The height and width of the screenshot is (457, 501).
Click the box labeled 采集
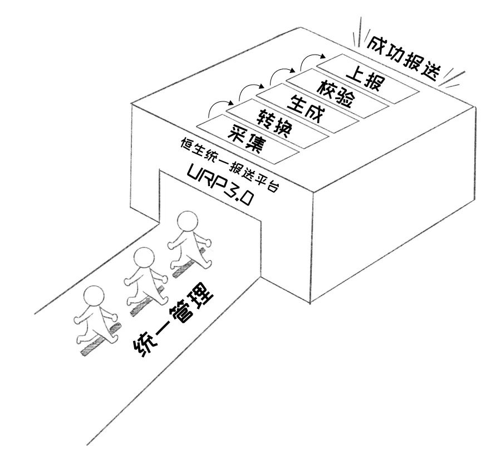(247, 139)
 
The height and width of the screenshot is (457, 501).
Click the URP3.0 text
(220, 187)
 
